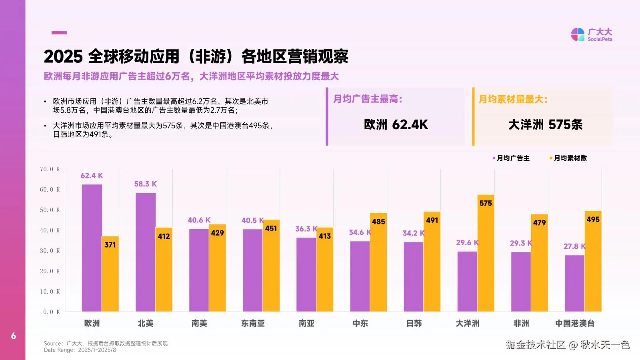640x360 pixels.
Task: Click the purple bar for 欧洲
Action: point(92,248)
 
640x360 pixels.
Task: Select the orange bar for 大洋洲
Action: point(486,256)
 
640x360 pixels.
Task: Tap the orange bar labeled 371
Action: point(110,276)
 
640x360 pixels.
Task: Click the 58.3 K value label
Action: point(145,184)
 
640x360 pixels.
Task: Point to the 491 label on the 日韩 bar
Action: point(432,220)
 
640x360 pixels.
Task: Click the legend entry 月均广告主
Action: point(512,158)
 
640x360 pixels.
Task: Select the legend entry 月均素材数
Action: point(570,158)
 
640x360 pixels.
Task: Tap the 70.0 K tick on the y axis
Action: point(50,169)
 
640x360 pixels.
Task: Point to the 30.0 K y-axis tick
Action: point(50,251)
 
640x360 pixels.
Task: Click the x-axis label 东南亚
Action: point(253,323)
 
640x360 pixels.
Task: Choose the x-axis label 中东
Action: point(360,323)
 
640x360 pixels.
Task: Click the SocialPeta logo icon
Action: point(578,34)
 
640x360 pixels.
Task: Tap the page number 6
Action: point(14,336)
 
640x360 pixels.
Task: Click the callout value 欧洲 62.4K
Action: point(396,125)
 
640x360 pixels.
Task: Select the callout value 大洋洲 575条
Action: point(545,125)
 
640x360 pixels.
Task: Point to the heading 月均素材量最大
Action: point(513,99)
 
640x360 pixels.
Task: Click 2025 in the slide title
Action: point(63,56)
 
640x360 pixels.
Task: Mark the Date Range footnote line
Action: point(80,350)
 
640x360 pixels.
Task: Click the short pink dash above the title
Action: point(59,32)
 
